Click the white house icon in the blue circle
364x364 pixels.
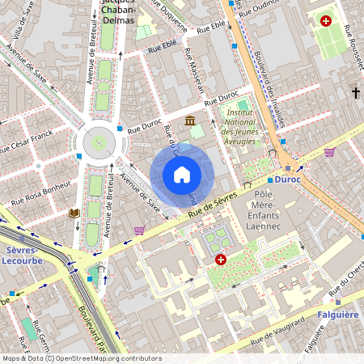click(x=182, y=175)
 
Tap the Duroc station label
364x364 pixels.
click(x=287, y=180)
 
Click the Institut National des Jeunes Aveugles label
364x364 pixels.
click(x=239, y=128)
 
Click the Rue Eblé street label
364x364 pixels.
click(x=162, y=49)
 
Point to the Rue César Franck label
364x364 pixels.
click(x=26, y=142)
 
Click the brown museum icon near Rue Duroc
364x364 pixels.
click(x=190, y=121)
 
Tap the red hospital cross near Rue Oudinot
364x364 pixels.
click(x=326, y=21)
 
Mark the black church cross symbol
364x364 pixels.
click(x=355, y=93)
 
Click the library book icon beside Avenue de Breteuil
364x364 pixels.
click(x=74, y=213)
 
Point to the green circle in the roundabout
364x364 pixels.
click(x=99, y=142)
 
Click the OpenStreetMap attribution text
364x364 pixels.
click(x=81, y=358)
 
